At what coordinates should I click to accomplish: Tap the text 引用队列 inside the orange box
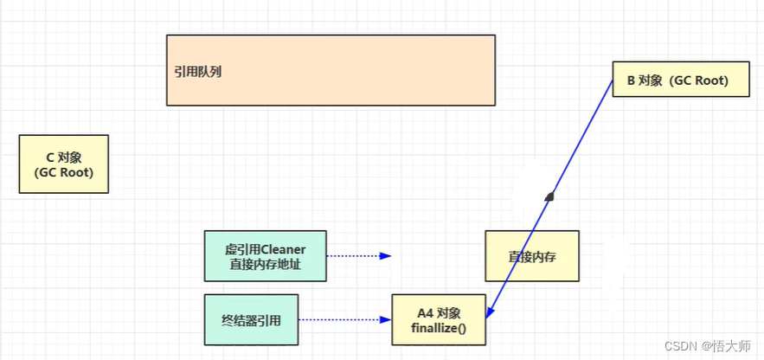tap(198, 72)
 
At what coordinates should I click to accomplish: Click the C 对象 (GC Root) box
tap(64, 164)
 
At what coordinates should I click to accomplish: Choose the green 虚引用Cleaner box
tap(266, 256)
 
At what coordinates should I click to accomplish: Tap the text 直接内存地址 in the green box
tap(266, 265)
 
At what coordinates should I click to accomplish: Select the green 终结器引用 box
tap(252, 319)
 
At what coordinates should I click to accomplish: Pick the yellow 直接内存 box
tap(531, 256)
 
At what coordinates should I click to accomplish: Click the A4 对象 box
tap(439, 319)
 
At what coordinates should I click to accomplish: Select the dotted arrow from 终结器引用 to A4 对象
tap(344, 319)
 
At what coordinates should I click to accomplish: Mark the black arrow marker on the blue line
tap(549, 196)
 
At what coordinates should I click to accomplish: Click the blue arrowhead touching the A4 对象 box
tap(488, 312)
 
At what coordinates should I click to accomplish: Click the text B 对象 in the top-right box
tap(645, 80)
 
